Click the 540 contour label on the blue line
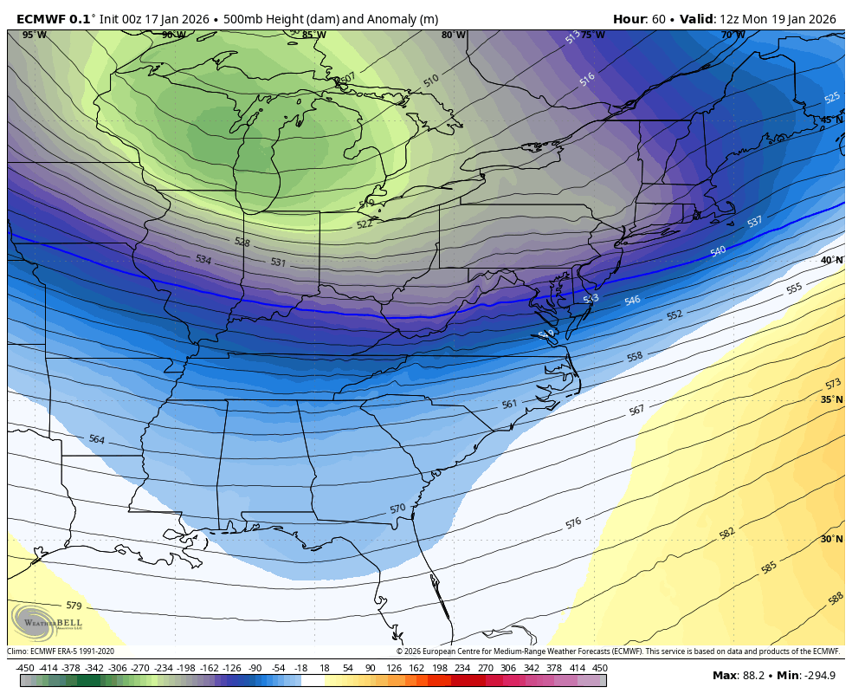click(x=718, y=251)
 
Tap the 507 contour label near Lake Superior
click(x=348, y=78)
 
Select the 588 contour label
click(x=836, y=598)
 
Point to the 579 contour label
click(x=74, y=606)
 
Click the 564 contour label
click(x=96, y=440)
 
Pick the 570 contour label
click(x=397, y=509)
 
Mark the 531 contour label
click(x=278, y=262)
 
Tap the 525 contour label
click(x=832, y=98)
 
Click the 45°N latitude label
click(x=831, y=120)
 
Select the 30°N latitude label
click(x=831, y=539)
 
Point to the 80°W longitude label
click(x=453, y=35)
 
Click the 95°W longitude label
click(x=35, y=35)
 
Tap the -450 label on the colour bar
click(x=25, y=668)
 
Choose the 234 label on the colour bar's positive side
click(x=462, y=668)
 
